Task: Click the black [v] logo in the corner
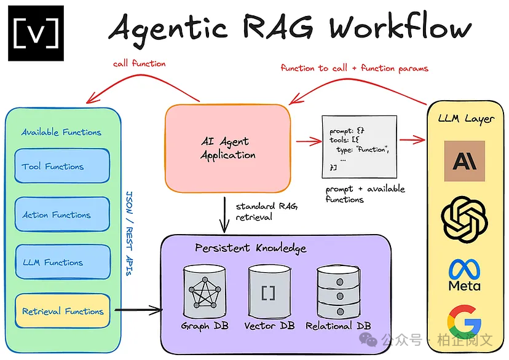point(36,33)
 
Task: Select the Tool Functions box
point(61,166)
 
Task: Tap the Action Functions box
point(61,214)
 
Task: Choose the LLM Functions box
point(61,262)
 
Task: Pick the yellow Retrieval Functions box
point(61,311)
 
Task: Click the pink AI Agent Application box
point(227,147)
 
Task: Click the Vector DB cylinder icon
point(268,292)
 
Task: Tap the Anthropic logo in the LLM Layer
point(464,161)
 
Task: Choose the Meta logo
point(464,275)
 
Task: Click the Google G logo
point(464,323)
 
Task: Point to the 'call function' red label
point(140,63)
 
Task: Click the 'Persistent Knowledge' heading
point(250,248)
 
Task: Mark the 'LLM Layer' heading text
point(465,118)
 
